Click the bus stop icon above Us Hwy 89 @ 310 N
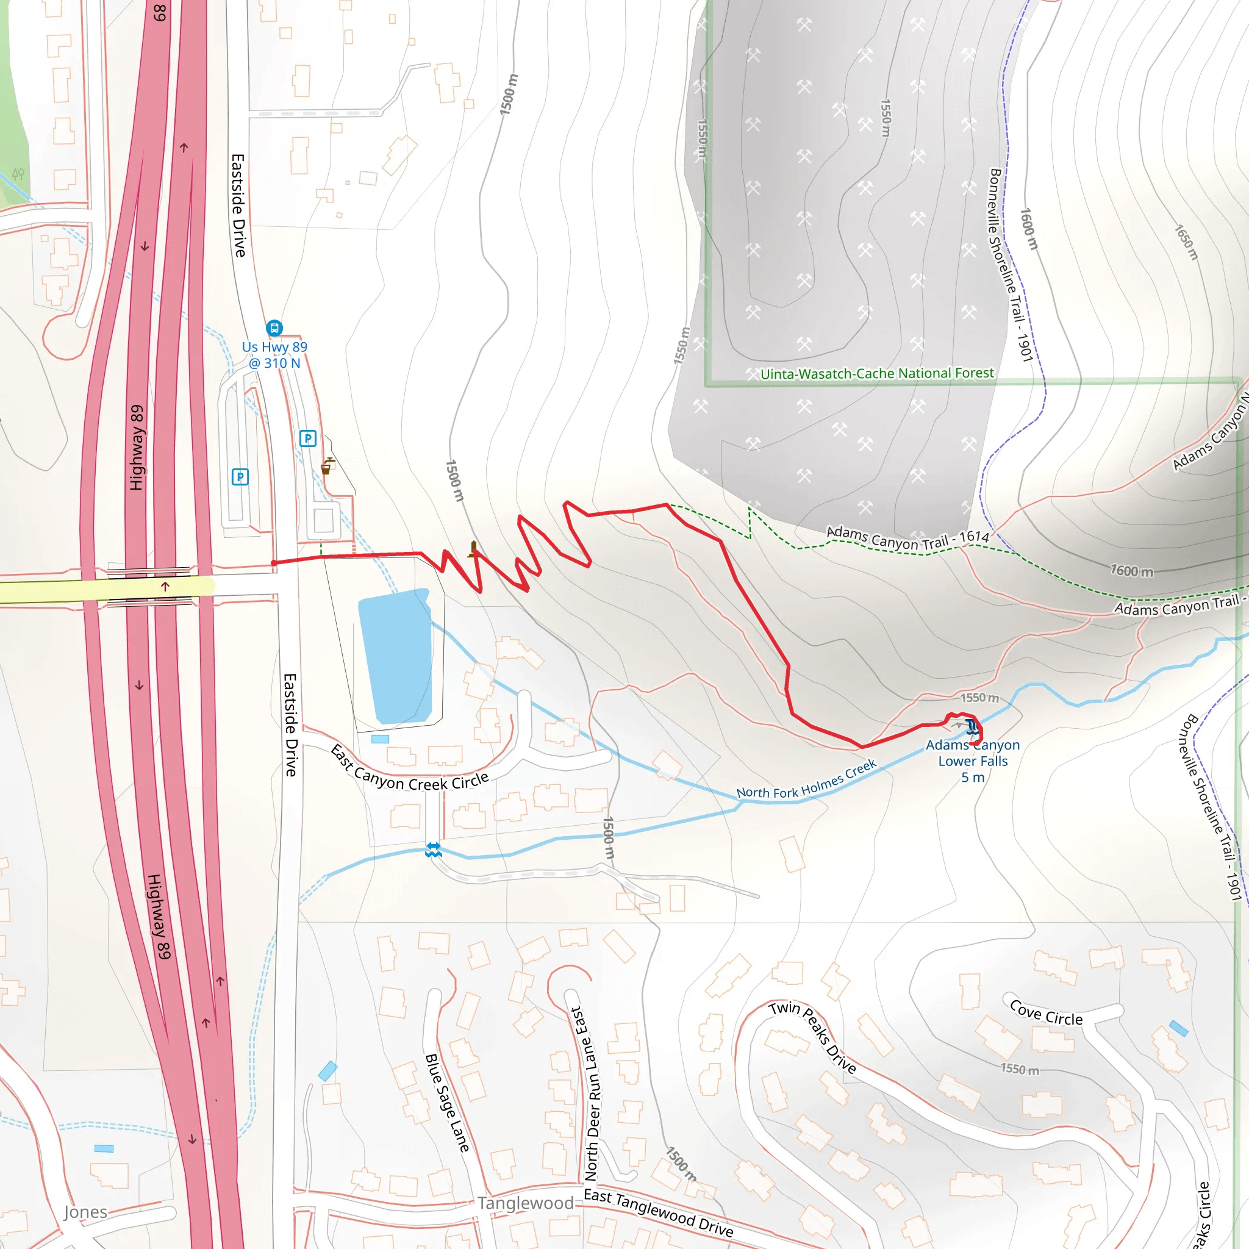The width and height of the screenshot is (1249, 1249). [x=274, y=327]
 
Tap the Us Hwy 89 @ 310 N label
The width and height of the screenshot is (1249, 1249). [x=275, y=355]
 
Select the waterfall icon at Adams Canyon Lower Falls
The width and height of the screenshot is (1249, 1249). [x=971, y=726]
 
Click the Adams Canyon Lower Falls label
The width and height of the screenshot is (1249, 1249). [x=972, y=761]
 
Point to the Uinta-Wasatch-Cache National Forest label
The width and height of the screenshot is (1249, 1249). [x=876, y=374]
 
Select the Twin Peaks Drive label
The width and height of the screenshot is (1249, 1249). [x=814, y=1037]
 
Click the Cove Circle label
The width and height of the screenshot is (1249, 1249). [x=1046, y=1013]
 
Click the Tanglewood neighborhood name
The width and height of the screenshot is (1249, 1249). [x=526, y=1203]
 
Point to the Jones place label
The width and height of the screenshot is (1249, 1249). [x=85, y=1212]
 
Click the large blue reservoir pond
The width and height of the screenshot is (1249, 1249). [x=396, y=656]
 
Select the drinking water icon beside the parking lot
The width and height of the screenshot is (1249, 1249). [x=327, y=466]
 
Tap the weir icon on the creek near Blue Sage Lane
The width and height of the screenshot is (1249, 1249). [x=433, y=850]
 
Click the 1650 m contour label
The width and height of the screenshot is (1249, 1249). [x=1186, y=243]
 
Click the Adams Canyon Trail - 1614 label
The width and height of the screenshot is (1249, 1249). [x=907, y=538]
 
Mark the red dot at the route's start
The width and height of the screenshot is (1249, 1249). [x=274, y=563]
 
